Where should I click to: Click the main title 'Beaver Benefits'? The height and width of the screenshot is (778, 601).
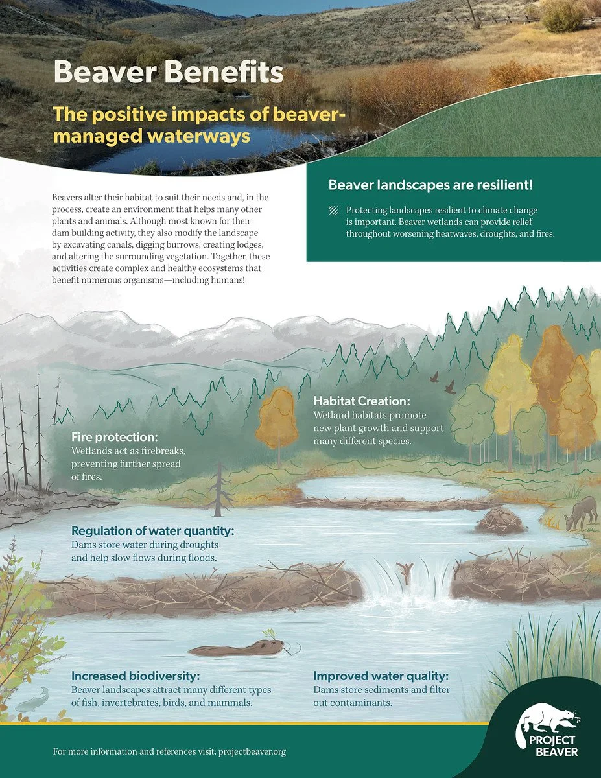point(168,72)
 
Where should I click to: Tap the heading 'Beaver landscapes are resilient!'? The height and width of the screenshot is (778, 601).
point(430,185)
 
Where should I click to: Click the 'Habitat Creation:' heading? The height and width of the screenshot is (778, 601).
point(362,401)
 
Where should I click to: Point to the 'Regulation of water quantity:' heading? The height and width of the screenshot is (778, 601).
point(152,532)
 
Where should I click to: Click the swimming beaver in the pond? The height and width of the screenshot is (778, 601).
point(237,648)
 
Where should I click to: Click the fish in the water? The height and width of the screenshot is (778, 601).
point(31,700)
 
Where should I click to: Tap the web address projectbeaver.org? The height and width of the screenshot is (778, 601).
point(252,752)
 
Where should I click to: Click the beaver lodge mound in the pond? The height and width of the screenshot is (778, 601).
point(501,521)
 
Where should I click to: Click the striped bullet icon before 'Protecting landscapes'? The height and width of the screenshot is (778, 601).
point(333,211)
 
